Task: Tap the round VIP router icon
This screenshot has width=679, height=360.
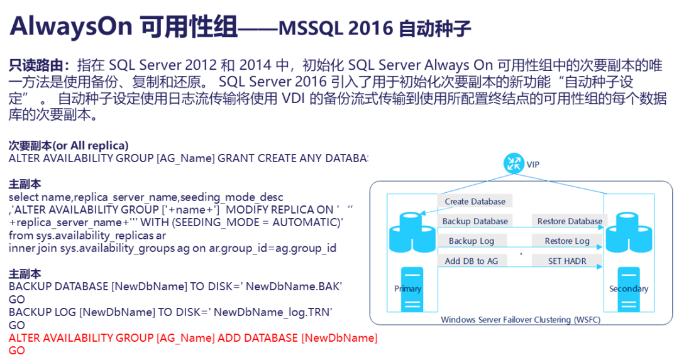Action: [514, 164]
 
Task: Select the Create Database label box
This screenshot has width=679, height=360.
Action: [475, 201]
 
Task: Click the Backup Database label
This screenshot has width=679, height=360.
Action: [475, 221]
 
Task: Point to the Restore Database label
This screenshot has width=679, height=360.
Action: [570, 221]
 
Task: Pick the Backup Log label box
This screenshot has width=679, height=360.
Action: [472, 241]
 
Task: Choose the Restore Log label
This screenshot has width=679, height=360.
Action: [567, 241]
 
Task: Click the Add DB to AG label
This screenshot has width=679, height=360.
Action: [472, 261]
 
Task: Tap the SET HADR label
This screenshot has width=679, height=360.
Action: [567, 261]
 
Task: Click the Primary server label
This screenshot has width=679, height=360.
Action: [407, 288]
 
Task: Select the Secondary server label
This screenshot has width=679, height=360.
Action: [629, 288]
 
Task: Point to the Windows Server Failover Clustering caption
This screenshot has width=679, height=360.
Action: [521, 320]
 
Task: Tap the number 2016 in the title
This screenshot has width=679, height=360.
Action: [370, 28]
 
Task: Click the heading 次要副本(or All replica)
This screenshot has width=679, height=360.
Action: [69, 145]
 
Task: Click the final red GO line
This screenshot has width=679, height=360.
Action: [17, 351]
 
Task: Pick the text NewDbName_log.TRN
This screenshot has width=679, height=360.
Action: [273, 312]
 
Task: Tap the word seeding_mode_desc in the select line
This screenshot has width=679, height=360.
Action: [231, 197]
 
